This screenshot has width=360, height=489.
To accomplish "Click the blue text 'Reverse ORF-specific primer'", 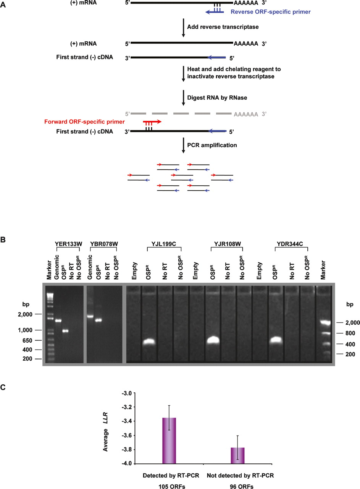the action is (x=271, y=12).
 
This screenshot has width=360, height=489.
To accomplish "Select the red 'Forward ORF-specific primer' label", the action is (x=84, y=122).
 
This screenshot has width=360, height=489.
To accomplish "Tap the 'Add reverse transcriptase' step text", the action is (x=223, y=27).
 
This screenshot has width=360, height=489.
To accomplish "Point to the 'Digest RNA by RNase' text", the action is (x=217, y=97).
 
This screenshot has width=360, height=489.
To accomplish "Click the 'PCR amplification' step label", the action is (x=212, y=145).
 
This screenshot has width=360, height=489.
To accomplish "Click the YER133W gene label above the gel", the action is (x=68, y=244).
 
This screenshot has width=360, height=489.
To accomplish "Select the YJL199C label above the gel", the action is (x=164, y=244).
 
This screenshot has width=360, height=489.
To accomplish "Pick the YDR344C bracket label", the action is (x=290, y=244).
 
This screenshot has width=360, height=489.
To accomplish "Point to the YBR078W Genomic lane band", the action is (x=90, y=316).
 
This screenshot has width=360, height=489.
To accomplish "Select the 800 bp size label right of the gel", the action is (x=350, y=333).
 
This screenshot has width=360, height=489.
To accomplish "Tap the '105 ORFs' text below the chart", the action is (x=172, y=486).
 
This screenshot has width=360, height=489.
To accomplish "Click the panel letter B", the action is (x=3, y=240).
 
